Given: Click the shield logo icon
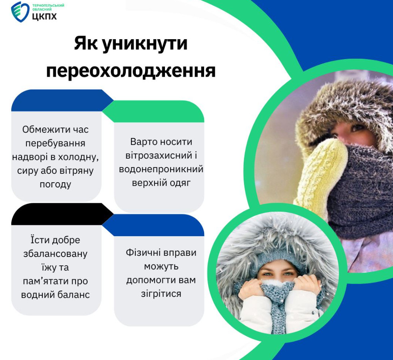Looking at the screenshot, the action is (x=20, y=12).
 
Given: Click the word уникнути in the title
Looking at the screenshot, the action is (x=145, y=44).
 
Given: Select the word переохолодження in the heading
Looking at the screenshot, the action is (x=131, y=70).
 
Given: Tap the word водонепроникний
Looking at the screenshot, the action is (x=161, y=169).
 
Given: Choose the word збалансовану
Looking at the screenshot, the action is (x=56, y=254).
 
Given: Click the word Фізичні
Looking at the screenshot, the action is (x=143, y=252).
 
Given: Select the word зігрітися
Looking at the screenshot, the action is (x=161, y=294).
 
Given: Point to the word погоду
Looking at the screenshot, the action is (x=56, y=184).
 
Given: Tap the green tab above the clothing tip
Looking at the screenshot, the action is (x=153, y=111).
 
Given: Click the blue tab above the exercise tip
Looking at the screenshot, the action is (x=153, y=225).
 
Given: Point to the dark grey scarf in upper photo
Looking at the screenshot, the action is (x=361, y=191).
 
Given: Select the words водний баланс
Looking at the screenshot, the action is (x=56, y=294).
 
